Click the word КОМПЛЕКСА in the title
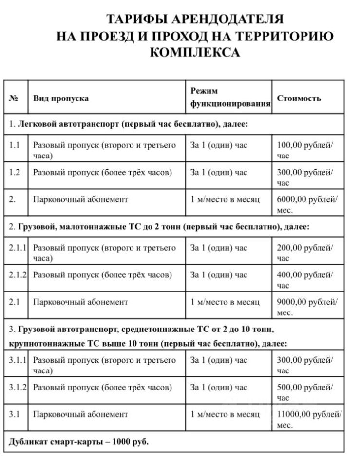[x=194, y=52]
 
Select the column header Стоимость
[x=299, y=98]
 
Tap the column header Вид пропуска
[x=60, y=98]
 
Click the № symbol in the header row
[x=14, y=98]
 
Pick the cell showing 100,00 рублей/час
[x=305, y=150]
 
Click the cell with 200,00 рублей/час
[x=305, y=253]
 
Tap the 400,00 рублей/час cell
[x=305, y=280]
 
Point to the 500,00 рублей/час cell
[x=305, y=392]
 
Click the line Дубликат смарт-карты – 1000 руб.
[x=78, y=442]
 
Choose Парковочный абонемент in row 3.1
[x=80, y=415]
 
